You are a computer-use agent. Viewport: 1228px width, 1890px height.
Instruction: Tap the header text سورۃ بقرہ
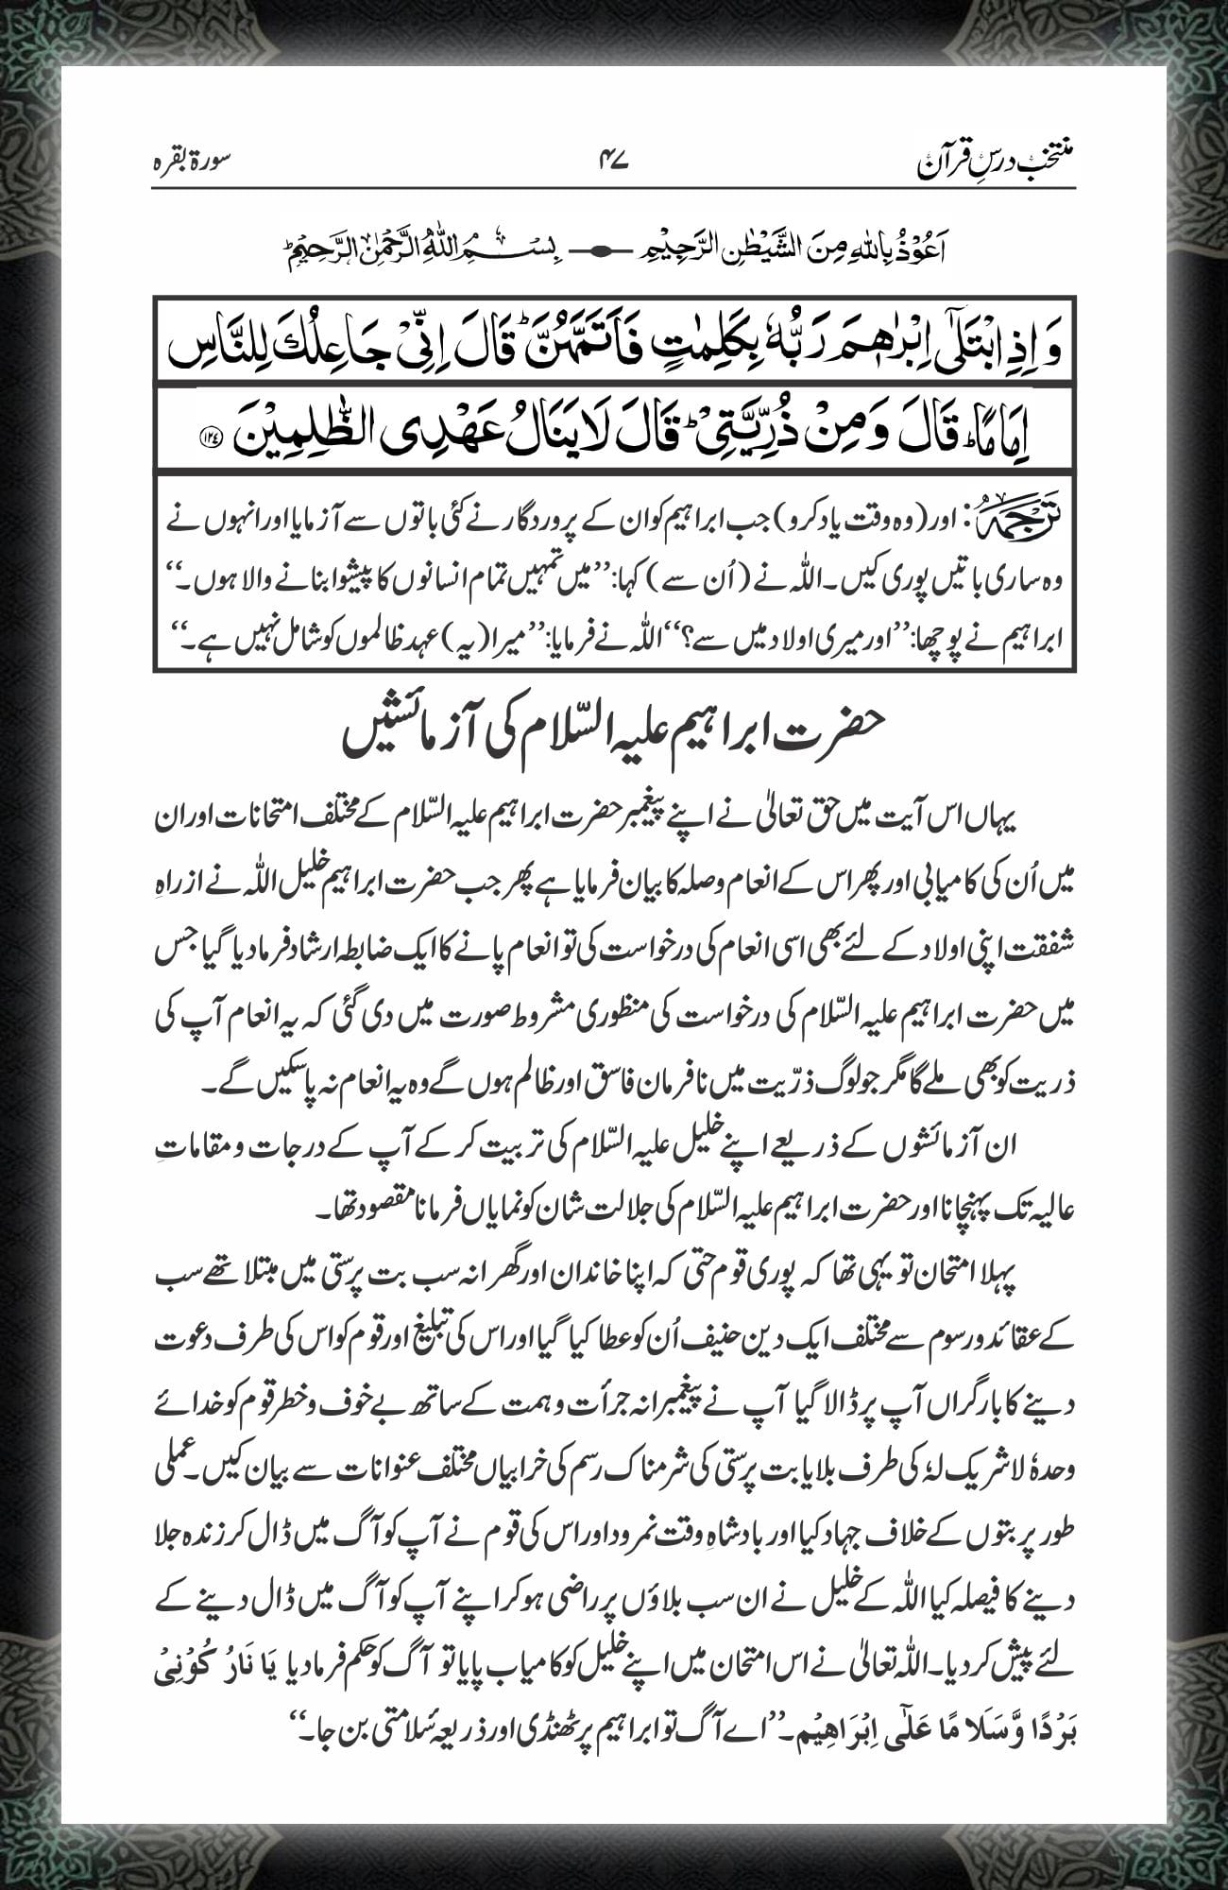click(x=194, y=162)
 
